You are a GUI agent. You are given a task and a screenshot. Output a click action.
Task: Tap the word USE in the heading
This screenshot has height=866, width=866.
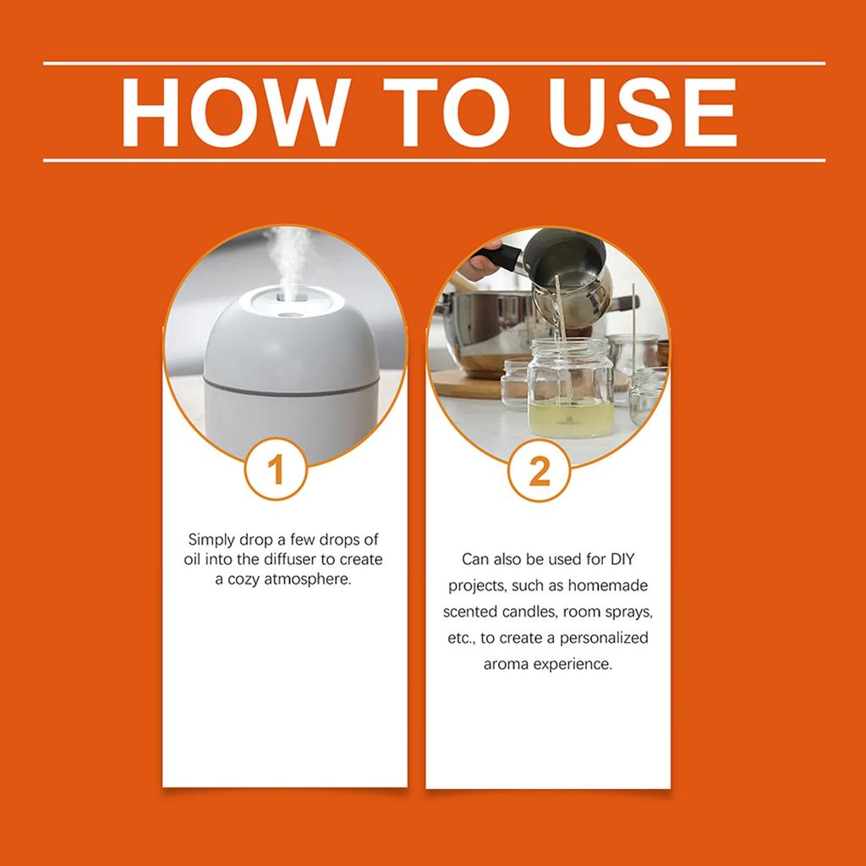click(x=642, y=112)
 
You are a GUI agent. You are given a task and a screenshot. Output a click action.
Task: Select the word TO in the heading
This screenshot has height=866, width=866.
click(x=447, y=112)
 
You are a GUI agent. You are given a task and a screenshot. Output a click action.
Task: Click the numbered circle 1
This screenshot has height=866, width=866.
click(x=276, y=469)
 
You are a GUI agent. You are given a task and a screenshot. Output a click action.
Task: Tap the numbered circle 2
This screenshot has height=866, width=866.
click(x=539, y=470)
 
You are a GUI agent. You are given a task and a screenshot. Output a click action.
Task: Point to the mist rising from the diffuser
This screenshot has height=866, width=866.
click(x=288, y=260)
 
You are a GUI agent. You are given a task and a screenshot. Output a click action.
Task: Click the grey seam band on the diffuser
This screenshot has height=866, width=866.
click(x=292, y=386)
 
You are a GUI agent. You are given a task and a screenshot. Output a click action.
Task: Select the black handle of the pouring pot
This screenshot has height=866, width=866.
click(x=497, y=257)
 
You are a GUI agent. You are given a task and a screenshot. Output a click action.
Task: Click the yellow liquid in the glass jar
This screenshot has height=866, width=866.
click(x=571, y=419)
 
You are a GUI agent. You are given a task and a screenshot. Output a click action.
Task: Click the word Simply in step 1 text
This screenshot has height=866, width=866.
click(x=211, y=540)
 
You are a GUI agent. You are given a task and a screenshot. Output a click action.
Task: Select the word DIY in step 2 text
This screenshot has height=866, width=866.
click(x=622, y=559)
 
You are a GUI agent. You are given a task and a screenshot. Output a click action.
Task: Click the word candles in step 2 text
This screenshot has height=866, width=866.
click(x=529, y=611)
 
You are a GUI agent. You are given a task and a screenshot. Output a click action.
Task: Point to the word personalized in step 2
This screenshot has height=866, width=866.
click(x=604, y=638)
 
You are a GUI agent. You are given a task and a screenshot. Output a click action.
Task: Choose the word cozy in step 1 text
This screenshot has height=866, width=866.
click(x=244, y=580)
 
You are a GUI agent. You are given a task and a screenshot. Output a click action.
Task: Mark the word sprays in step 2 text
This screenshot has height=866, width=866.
click(x=630, y=612)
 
